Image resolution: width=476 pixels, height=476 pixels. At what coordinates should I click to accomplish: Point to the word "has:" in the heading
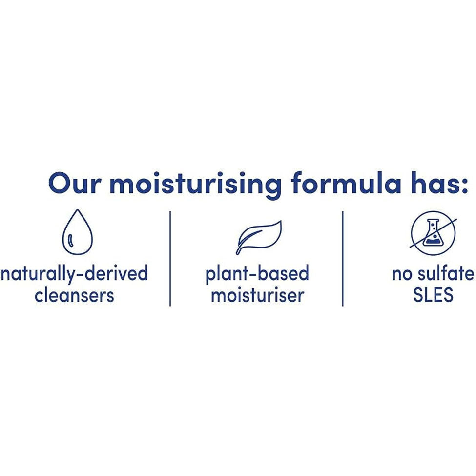click(440, 183)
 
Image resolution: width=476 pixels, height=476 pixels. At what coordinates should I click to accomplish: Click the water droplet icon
click(77, 232)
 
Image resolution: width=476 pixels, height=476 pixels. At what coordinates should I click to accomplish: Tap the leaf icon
click(259, 237)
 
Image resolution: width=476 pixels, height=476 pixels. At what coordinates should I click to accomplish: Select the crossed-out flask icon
click(433, 233)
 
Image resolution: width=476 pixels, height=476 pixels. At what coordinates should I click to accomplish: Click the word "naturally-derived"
click(74, 273)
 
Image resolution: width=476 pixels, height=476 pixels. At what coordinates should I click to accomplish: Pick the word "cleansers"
click(74, 295)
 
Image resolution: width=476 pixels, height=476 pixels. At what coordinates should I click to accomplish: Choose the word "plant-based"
click(257, 273)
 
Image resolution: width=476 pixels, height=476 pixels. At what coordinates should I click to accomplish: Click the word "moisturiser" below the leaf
click(257, 295)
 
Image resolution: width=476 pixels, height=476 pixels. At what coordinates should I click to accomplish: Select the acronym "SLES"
click(433, 294)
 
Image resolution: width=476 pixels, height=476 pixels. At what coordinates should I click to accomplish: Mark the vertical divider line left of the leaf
click(170, 259)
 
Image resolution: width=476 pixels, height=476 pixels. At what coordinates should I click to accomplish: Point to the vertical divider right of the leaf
click(343, 259)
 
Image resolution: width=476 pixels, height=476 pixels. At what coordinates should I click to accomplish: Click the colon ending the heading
click(465, 186)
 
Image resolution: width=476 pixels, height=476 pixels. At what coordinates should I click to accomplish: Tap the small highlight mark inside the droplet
click(71, 240)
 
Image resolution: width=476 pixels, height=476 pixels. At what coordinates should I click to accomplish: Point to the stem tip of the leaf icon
click(238, 252)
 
